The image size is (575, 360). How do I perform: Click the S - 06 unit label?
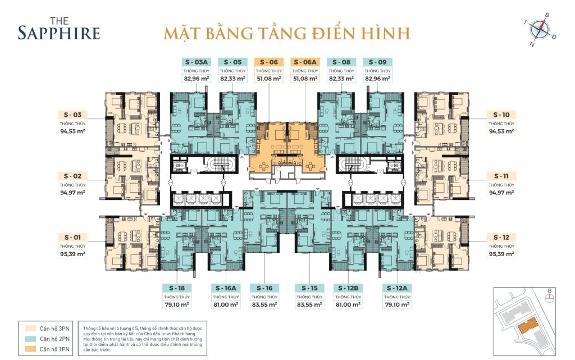(x=269, y=62)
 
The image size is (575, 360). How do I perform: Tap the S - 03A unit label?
(x=197, y=62)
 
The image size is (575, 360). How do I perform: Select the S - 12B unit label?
(x=348, y=288)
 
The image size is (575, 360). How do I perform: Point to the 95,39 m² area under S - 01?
(x=72, y=254)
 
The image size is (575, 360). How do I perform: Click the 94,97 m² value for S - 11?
(x=501, y=193)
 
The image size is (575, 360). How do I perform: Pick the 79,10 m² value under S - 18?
(x=177, y=304)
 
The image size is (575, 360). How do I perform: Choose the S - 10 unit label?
(x=501, y=115)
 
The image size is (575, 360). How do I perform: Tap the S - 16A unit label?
(x=226, y=288)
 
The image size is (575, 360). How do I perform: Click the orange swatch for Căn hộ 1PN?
(x=30, y=349)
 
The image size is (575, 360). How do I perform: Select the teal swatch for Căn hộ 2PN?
(x=30, y=339)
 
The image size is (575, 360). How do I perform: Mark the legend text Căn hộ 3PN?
(x=54, y=329)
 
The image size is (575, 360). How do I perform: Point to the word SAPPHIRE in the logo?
(x=59, y=33)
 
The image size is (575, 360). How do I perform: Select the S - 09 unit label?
(x=377, y=62)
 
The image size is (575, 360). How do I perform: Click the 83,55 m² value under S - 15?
(x=309, y=304)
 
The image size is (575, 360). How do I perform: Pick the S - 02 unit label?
(x=72, y=176)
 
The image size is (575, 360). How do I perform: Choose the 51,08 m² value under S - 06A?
(x=305, y=79)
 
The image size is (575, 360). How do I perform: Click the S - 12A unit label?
(x=397, y=288)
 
